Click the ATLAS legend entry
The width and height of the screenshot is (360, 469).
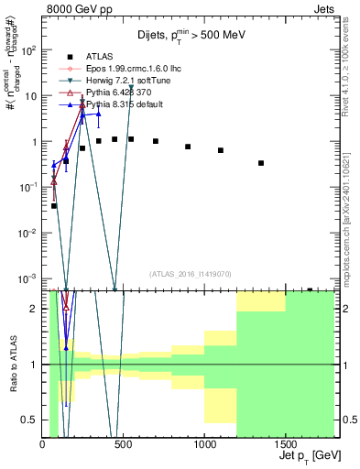[100, 56]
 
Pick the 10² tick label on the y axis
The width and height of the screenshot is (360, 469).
[28, 50]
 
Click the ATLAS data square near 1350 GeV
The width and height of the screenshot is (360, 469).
[261, 163]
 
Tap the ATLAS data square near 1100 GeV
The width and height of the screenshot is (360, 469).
[221, 150]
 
